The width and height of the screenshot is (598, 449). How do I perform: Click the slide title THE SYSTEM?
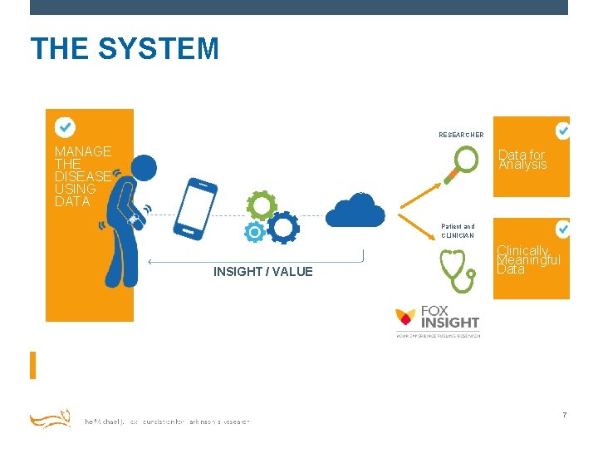[x=125, y=49]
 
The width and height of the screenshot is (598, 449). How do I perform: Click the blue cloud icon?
[x=355, y=210]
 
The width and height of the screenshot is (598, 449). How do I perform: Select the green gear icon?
[x=262, y=205]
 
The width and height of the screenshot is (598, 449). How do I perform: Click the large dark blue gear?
[x=284, y=227]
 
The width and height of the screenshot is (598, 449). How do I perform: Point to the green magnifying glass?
[x=464, y=163]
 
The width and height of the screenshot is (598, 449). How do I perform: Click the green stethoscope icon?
[x=454, y=270]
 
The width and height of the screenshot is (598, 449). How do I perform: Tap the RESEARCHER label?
[x=461, y=135]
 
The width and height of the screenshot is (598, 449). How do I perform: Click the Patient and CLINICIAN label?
[x=458, y=230]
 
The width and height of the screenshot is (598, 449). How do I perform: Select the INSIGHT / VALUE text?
[x=262, y=272]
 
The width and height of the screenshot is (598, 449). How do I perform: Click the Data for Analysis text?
[x=522, y=160]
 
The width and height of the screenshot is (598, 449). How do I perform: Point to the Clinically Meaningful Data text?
[x=528, y=259]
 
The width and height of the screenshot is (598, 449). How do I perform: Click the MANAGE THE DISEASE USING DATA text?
[x=82, y=176]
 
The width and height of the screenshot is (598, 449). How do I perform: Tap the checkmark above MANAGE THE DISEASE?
[x=65, y=127]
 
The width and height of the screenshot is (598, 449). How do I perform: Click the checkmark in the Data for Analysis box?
[x=562, y=131]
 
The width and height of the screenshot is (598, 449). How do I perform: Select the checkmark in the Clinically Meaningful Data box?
[x=562, y=228]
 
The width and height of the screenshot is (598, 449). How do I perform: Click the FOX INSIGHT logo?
[x=437, y=321]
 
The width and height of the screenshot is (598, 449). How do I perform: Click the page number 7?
[x=564, y=415]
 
